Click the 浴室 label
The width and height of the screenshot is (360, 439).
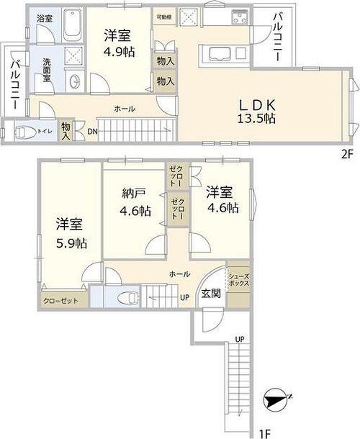44,17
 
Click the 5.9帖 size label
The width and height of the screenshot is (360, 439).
72,243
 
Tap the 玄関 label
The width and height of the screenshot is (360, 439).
212,293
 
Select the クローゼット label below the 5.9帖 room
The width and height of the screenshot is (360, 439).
60,300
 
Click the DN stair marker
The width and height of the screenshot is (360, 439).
92,131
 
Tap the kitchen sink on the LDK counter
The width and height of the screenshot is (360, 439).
218,50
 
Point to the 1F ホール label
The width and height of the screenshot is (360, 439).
180,274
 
